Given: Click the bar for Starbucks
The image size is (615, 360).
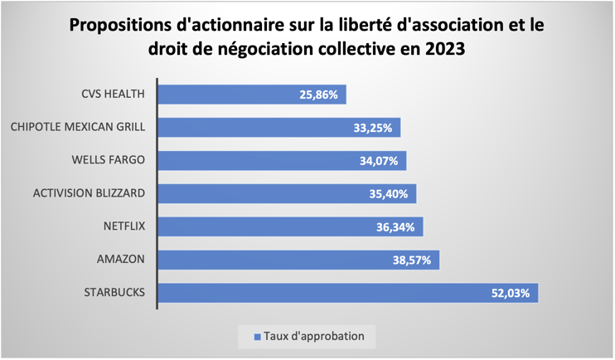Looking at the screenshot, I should click(348, 293).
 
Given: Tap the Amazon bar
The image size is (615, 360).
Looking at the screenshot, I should click(298, 260).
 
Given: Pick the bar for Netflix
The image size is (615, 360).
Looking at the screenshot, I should click(290, 226).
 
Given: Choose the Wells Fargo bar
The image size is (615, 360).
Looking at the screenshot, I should click(282, 160).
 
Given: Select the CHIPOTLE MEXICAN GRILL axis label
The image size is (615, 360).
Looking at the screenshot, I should click(78, 127).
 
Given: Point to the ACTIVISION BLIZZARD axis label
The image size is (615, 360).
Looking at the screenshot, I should click(90, 193).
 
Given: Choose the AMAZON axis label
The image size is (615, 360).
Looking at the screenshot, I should click(120, 260).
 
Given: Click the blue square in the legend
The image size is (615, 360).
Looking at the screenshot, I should click(257, 337).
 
